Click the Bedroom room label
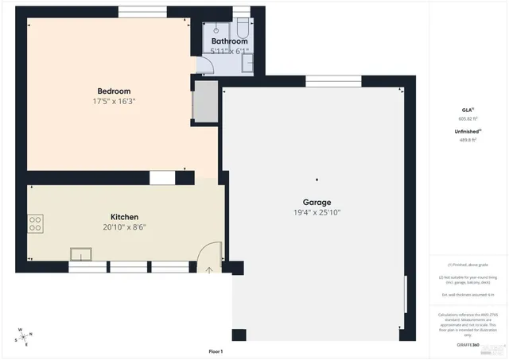[114, 91]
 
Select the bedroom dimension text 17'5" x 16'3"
[114, 102]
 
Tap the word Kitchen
[124, 217]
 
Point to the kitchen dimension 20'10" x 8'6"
[124, 227]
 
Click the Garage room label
[317, 202]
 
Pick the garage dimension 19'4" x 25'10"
[317, 213]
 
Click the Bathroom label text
[229, 41]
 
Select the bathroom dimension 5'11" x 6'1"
[229, 52]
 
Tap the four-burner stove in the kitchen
[36, 224]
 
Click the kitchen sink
[80, 254]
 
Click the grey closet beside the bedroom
[205, 101]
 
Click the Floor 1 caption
[216, 351]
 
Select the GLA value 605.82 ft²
[467, 118]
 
